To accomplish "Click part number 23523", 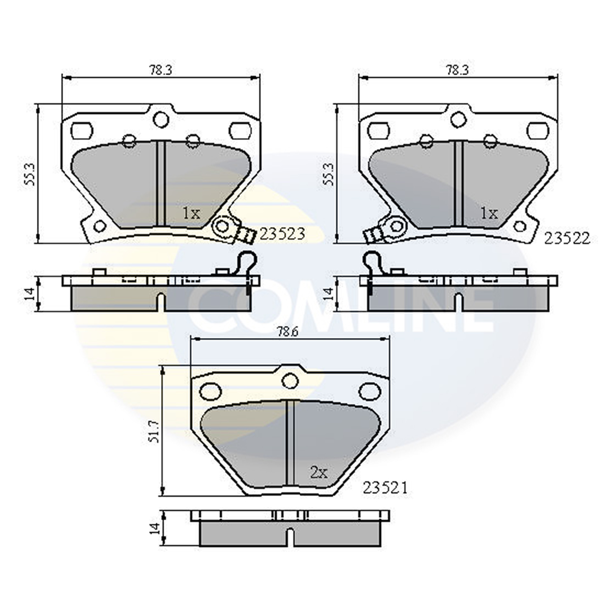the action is [282, 235].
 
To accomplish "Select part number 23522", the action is [567, 238].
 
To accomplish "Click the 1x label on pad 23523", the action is [192, 213].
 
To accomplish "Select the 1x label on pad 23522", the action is [489, 213].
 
